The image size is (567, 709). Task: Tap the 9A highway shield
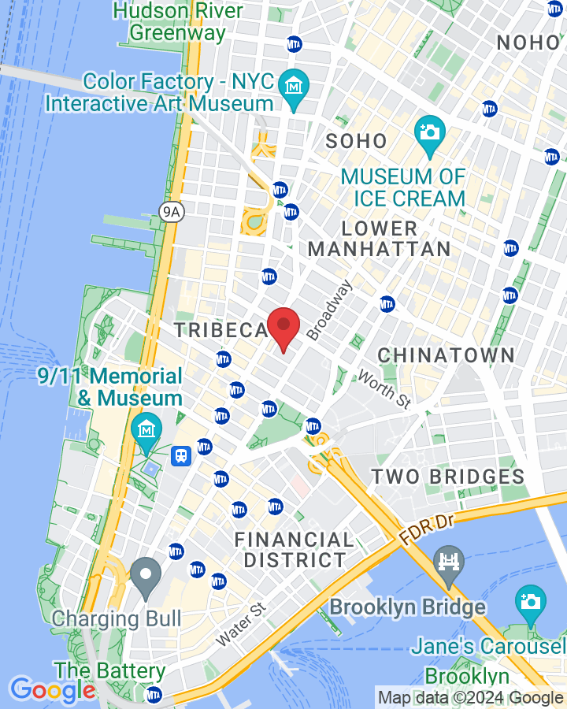point(171,211)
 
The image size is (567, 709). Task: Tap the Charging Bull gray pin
point(146,575)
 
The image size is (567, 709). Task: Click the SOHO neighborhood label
point(357,142)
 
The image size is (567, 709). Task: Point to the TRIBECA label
point(221,330)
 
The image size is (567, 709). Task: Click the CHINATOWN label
point(447,355)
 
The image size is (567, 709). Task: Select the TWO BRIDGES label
point(448,477)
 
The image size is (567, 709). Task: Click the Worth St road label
point(384,389)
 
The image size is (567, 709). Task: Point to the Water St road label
point(241,625)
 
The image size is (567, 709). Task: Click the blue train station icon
point(181,456)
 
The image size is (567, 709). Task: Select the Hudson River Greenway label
point(177,21)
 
